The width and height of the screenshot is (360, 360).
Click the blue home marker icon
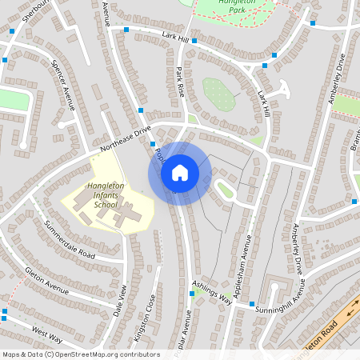pos(180,173)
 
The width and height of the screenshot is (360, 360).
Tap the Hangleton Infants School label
pos(94,195)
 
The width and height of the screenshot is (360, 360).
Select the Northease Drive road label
pos(126,139)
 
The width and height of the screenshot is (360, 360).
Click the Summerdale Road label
pos(70,243)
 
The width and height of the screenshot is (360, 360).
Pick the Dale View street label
pos(121,302)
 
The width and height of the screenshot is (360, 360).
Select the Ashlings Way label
pos(212,292)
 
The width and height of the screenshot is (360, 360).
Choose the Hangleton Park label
pos(225,8)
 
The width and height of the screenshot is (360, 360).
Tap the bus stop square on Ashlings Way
pos(191,294)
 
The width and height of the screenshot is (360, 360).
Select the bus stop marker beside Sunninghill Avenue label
pos(251,305)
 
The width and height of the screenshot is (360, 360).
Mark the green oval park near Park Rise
pos(218,94)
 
